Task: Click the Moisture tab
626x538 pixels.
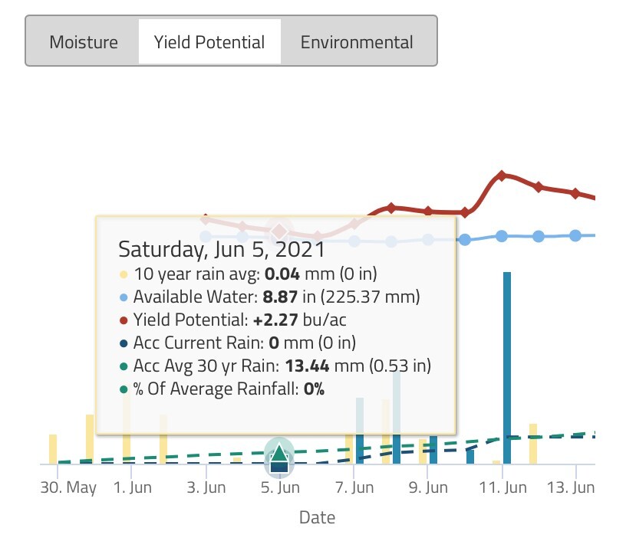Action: (84, 41)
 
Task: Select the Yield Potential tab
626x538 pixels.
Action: (209, 41)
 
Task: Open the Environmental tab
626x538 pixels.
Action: (357, 41)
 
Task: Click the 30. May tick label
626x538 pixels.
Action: (68, 487)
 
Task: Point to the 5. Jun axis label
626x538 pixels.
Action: (279, 487)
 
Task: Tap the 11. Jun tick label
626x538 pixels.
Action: (502, 487)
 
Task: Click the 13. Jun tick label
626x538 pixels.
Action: (575, 487)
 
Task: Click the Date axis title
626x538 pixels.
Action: (317, 518)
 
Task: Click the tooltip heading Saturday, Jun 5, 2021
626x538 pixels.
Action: (221, 250)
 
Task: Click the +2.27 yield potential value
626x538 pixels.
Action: (274, 320)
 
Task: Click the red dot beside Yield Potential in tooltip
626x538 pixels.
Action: (124, 320)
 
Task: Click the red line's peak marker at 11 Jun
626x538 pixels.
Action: (502, 176)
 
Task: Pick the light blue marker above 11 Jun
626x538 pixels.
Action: (502, 236)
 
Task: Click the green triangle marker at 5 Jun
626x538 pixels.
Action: (279, 450)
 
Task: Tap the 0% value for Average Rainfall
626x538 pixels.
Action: (314, 389)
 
